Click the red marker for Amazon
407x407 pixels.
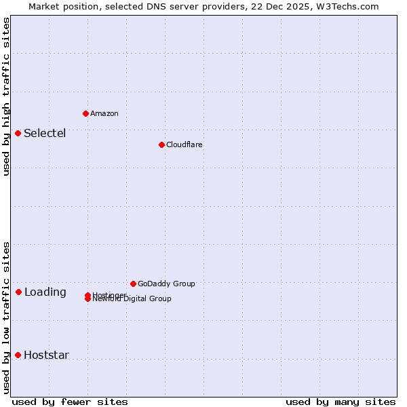click(x=85, y=113)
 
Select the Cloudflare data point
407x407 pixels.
click(x=161, y=144)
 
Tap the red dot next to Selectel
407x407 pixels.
click(x=18, y=133)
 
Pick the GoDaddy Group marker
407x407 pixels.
click(x=133, y=284)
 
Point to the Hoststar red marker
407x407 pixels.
click(x=18, y=355)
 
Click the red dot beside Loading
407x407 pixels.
click(x=18, y=292)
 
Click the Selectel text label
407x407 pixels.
click(x=45, y=133)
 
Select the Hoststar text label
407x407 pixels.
click(x=46, y=355)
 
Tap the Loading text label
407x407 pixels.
click(x=45, y=292)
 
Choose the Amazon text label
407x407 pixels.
click(x=104, y=113)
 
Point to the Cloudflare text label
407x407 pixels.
click(x=184, y=144)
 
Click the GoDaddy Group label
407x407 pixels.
click(x=166, y=284)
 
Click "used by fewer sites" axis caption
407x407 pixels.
click(x=70, y=402)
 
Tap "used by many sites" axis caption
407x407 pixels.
click(x=341, y=402)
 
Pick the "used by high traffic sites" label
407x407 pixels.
click(x=6, y=96)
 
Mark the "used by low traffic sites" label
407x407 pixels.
click(x=6, y=317)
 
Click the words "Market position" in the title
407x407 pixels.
click(x=60, y=6)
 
